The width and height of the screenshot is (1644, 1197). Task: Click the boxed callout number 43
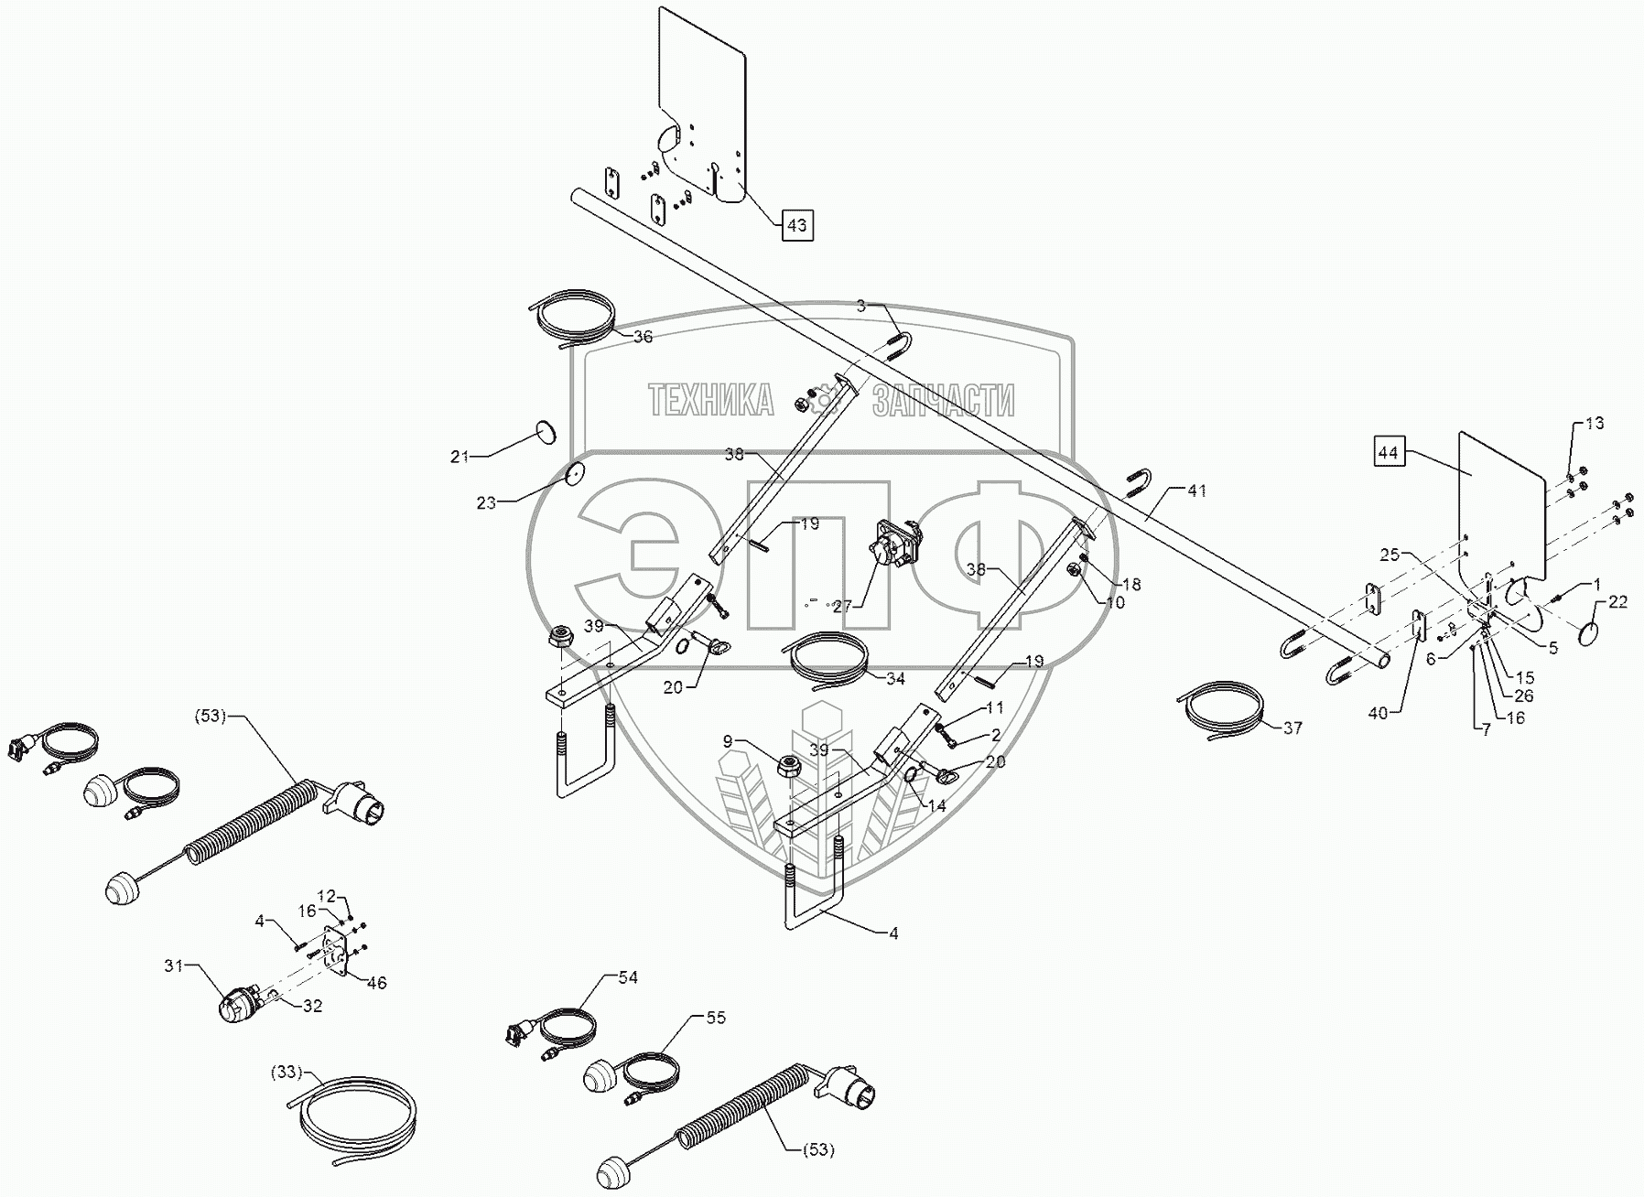click(796, 224)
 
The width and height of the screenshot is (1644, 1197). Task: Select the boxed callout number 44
click(1388, 452)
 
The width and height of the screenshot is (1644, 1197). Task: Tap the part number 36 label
click(643, 337)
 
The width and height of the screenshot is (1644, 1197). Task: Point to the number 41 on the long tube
click(1197, 491)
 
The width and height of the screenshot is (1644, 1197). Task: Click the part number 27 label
click(840, 605)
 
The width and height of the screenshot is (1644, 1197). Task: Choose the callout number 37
click(1291, 728)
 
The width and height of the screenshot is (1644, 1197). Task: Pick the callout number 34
click(894, 679)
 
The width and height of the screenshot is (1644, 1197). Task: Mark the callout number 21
click(459, 457)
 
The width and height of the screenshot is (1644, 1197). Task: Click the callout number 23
click(486, 502)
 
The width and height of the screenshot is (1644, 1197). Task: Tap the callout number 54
click(627, 978)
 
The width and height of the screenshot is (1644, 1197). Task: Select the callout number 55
click(715, 1018)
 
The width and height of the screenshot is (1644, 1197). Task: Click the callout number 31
click(175, 965)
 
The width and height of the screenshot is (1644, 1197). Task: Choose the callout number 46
click(376, 983)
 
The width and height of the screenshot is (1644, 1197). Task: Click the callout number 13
click(1594, 424)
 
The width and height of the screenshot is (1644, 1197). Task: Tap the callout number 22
click(1617, 601)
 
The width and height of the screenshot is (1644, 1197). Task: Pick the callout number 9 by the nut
click(728, 741)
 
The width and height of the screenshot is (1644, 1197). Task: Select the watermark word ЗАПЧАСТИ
click(943, 401)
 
